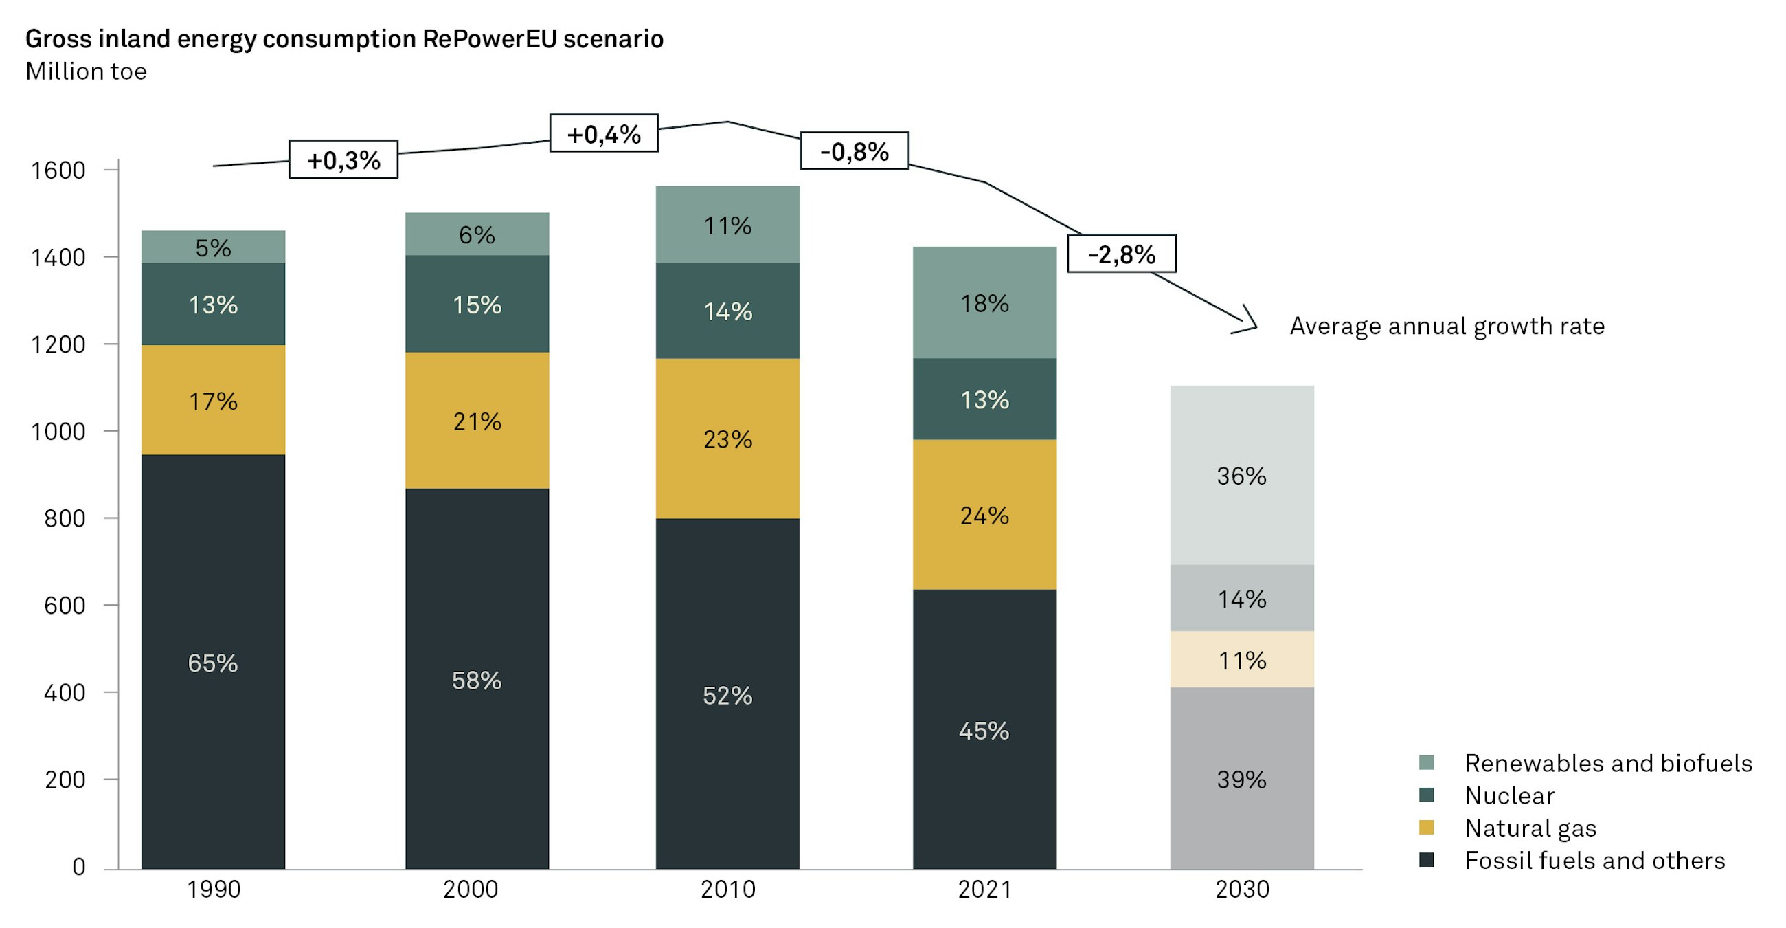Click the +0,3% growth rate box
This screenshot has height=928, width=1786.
[x=343, y=159]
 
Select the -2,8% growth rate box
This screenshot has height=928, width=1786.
[x=1121, y=254]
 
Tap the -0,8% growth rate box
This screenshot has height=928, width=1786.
[x=854, y=151]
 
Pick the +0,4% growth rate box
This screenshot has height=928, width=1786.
[x=603, y=133]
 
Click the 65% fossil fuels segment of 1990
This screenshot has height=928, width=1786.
[x=213, y=663]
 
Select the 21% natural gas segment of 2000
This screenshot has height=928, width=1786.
[x=477, y=421]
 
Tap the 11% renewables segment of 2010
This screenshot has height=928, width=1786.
[x=727, y=225]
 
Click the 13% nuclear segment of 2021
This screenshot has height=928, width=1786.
[x=984, y=399]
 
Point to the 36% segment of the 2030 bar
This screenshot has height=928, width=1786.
[x=1242, y=476]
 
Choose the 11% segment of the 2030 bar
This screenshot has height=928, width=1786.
[x=1242, y=660]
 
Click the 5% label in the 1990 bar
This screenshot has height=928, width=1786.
[x=213, y=247]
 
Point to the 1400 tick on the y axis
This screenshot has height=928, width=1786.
[x=58, y=257]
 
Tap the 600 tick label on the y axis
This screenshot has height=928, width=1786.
[x=65, y=606]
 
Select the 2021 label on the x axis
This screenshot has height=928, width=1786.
[x=984, y=889]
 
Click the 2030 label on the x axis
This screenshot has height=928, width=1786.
[x=1242, y=889]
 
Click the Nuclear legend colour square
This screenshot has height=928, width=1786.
[x=1426, y=795]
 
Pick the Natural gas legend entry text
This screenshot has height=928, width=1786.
[x=1530, y=828]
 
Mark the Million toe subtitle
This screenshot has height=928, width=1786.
[x=86, y=71]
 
